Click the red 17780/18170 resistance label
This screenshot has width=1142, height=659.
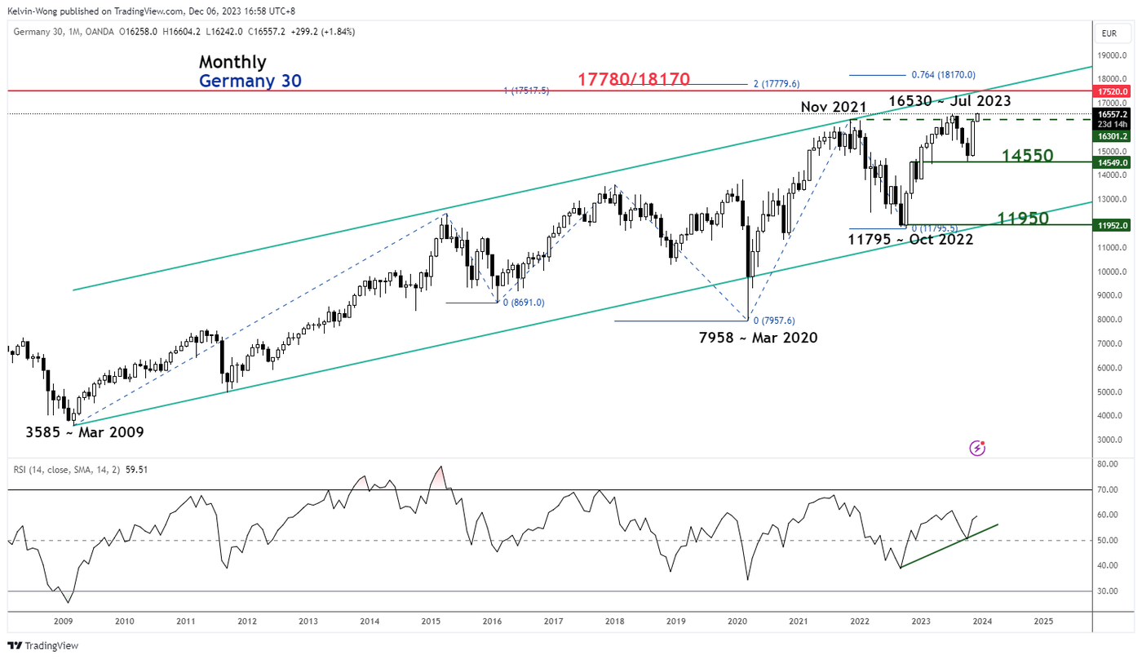pos(634,79)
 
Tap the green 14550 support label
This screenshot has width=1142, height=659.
pos(1025,156)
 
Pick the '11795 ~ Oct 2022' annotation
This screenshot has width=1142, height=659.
pos(910,240)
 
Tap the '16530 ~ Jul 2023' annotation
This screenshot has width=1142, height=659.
pos(949,101)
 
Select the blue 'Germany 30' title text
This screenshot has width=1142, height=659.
pos(250,81)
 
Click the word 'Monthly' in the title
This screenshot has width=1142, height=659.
pos(232,62)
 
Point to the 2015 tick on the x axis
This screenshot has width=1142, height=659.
pos(431,621)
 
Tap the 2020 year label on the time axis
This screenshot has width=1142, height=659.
pos(737,621)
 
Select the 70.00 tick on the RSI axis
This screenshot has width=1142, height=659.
pos(1108,490)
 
